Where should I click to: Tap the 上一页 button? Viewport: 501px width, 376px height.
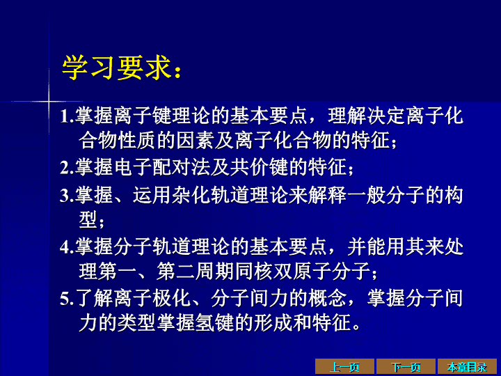click(344, 367)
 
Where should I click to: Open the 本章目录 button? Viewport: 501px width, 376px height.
click(467, 367)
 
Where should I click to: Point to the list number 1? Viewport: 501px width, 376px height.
click(65, 116)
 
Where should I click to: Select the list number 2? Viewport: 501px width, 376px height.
click(65, 168)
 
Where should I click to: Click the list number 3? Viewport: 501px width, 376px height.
click(65, 196)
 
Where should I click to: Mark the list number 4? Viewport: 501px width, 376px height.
click(65, 246)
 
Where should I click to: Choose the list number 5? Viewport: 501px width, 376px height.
click(65, 298)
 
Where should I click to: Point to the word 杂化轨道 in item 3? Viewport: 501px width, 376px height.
click(211, 195)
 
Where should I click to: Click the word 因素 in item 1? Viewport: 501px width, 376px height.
click(196, 141)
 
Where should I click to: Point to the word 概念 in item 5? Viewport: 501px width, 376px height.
click(327, 298)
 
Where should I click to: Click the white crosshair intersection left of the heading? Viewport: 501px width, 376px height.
click(49, 102)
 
